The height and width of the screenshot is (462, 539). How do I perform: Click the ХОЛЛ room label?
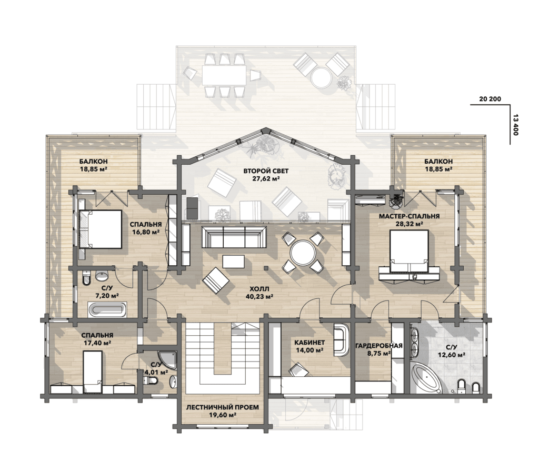[259, 289]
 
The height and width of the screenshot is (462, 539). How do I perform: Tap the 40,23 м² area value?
[259, 297]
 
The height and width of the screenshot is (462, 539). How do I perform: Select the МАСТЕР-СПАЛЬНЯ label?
[409, 216]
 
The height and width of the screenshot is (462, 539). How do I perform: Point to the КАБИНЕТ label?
[310, 343]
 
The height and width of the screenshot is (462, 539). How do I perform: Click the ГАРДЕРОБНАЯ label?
[378, 346]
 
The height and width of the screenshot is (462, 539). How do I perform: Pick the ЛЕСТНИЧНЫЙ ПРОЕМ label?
[223, 407]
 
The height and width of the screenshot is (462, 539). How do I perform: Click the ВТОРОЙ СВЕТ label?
[266, 171]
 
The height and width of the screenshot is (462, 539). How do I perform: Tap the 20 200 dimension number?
[490, 99]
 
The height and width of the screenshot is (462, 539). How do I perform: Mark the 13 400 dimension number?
[515, 124]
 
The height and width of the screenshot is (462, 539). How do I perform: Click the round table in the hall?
[303, 253]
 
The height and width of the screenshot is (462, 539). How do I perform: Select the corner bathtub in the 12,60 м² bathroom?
[426, 378]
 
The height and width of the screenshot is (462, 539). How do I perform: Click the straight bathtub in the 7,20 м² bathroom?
[107, 310]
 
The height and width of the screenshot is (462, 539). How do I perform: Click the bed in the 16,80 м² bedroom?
[101, 229]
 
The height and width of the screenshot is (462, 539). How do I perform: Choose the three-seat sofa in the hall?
[234, 237]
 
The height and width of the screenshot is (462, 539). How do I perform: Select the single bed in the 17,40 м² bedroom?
[93, 372]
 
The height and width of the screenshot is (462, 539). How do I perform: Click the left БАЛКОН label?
[93, 161]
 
